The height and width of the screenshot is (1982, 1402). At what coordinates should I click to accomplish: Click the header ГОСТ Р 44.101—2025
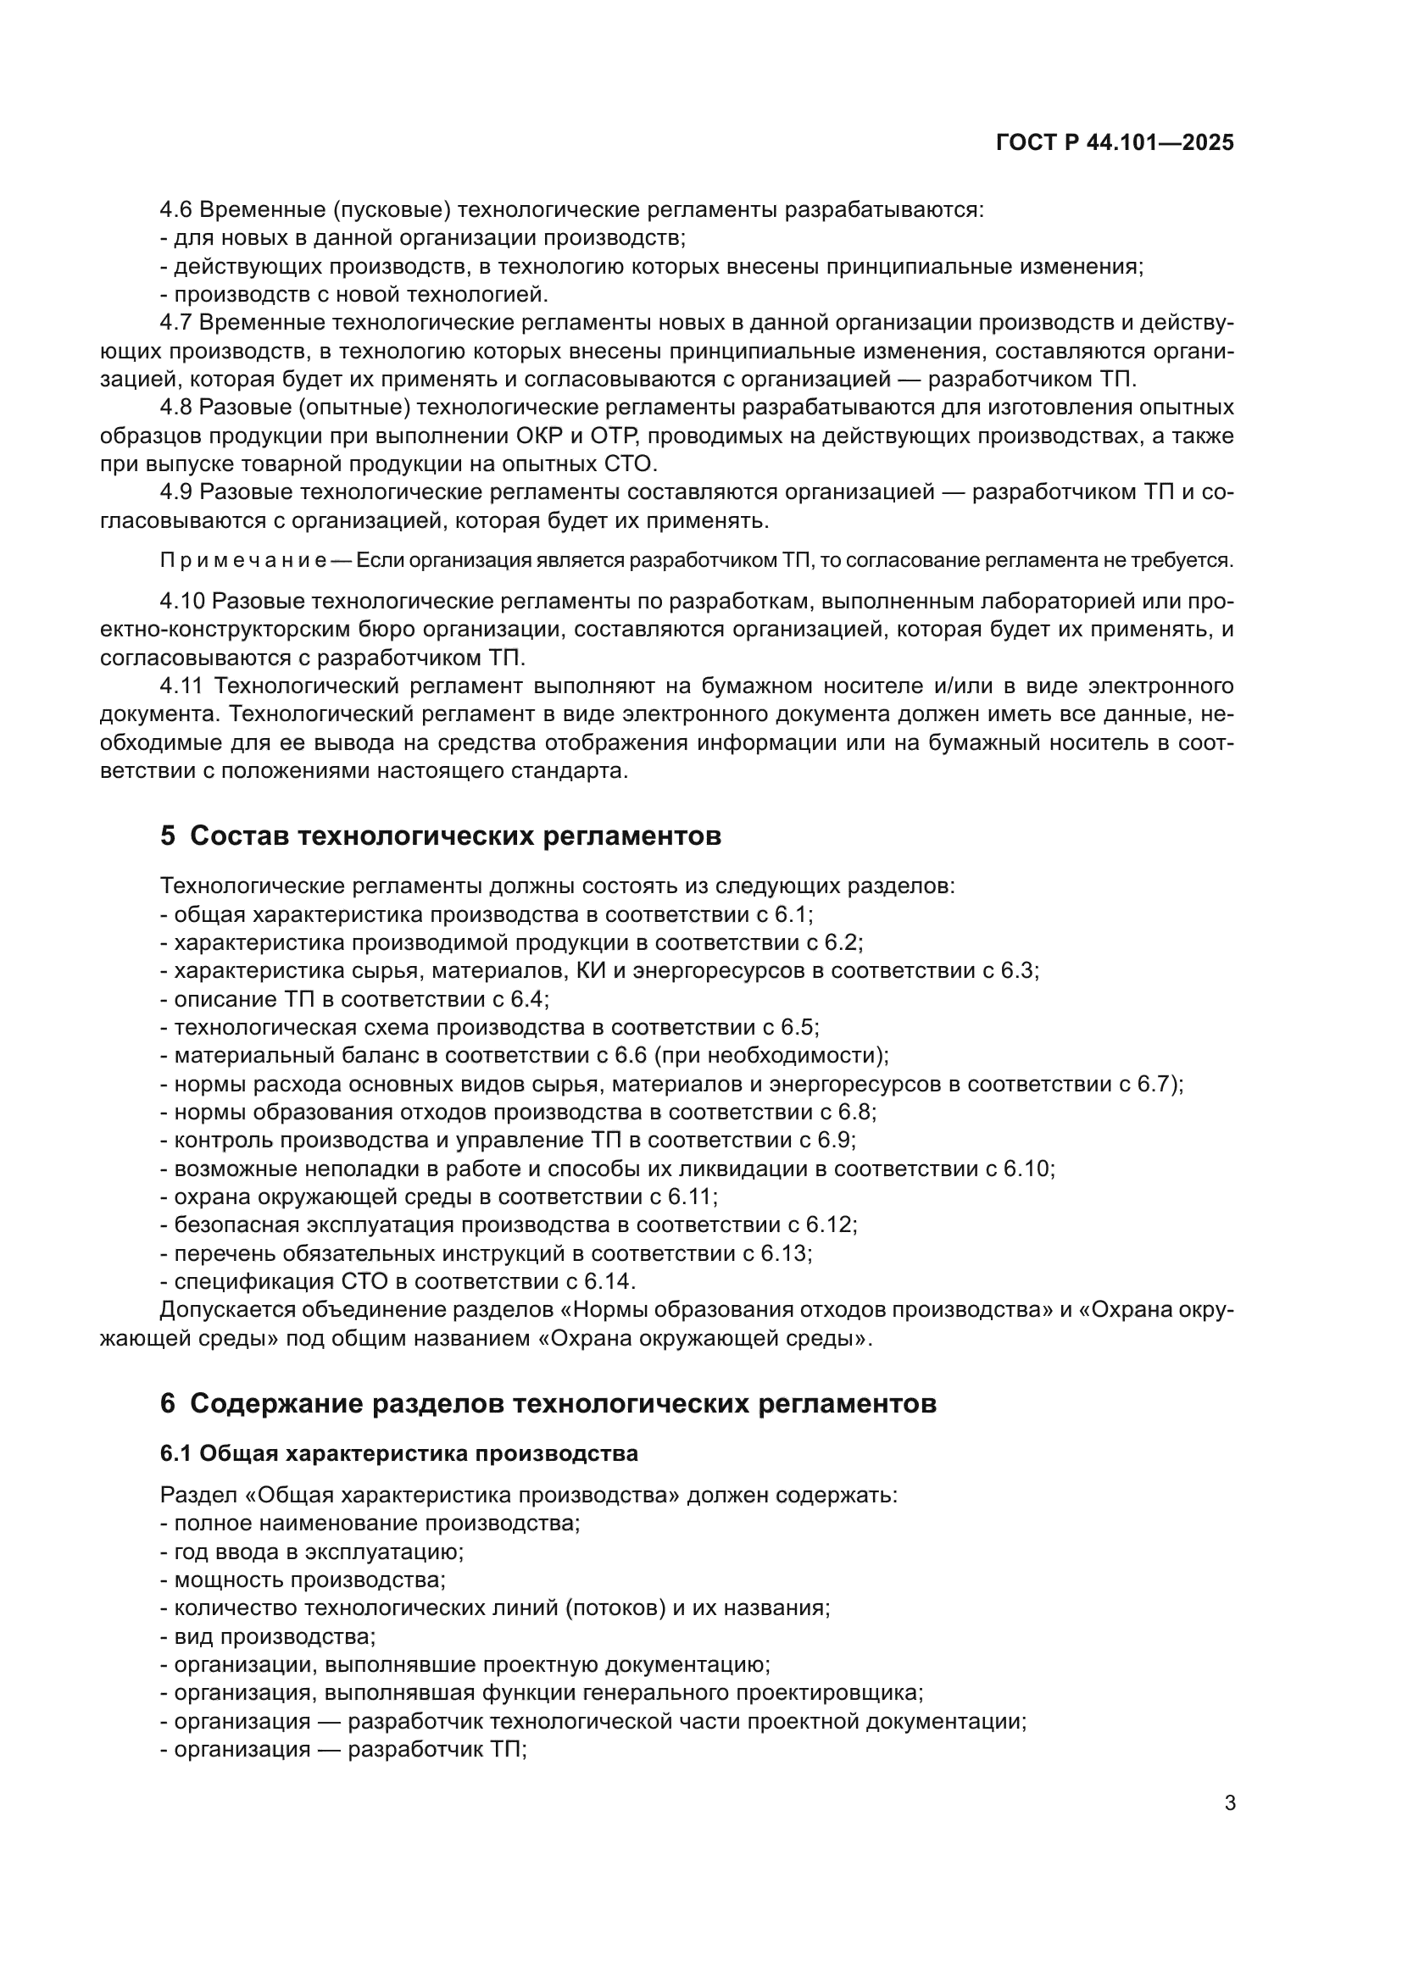point(1115,142)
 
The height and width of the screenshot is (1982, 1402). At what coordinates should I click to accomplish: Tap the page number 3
point(1230,1803)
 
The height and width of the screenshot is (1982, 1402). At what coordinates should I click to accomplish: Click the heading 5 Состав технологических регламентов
point(440,836)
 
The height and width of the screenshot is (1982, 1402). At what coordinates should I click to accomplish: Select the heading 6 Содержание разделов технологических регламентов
point(548,1403)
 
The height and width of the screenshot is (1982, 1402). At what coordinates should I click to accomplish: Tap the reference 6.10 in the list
point(1027,1169)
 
